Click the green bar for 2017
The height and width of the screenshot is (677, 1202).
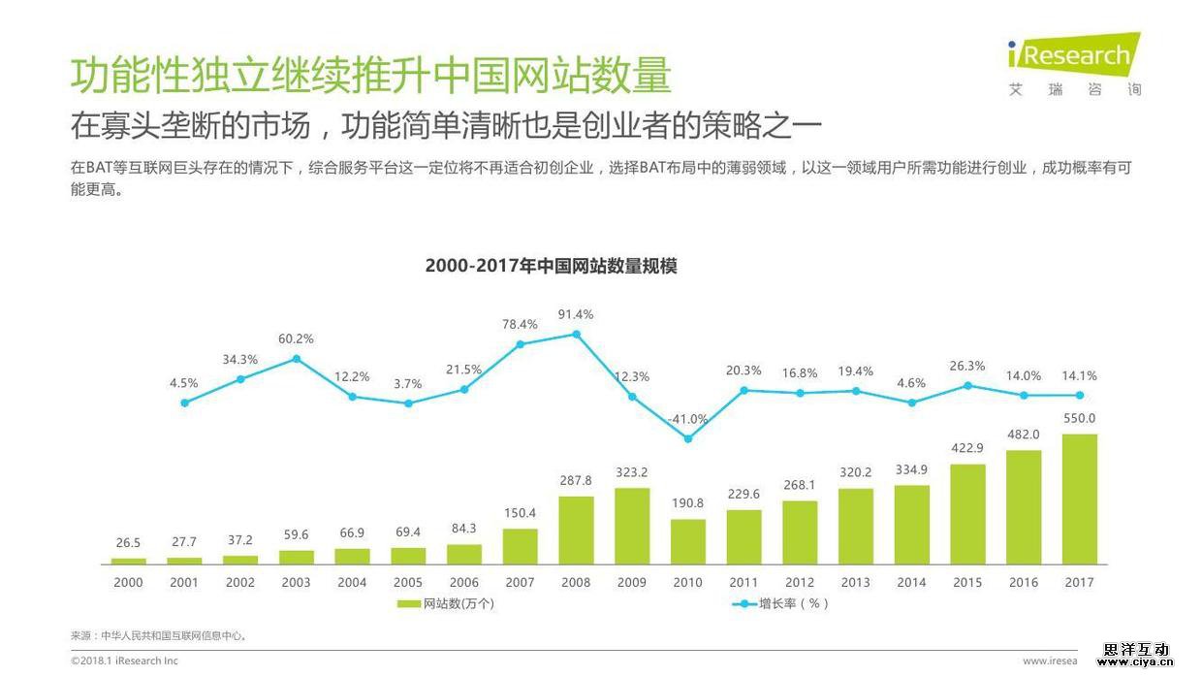[x=1079, y=499]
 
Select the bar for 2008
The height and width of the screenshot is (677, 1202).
[x=576, y=530]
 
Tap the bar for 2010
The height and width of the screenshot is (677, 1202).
[x=688, y=541]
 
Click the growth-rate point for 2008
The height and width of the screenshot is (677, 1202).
[x=576, y=334]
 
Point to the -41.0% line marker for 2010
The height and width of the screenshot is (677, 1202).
[x=688, y=438]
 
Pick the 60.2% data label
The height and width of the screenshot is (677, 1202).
[x=296, y=338]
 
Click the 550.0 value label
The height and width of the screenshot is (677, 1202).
[x=1079, y=418]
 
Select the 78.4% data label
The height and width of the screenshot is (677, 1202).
[x=520, y=324]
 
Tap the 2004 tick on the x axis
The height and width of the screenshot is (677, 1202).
[x=352, y=582]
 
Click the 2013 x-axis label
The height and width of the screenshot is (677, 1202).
[x=856, y=582]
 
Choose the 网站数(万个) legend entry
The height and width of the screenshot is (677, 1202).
[x=447, y=603]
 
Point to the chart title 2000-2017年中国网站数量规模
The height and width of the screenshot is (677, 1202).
[x=551, y=266]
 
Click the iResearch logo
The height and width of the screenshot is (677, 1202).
[x=1074, y=64]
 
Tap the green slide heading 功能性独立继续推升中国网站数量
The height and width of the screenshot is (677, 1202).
[x=370, y=76]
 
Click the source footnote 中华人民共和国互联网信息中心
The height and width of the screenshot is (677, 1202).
[x=160, y=636]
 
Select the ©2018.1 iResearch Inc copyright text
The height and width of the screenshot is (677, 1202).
[x=124, y=661]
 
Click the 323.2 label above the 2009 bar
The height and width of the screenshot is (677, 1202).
[x=632, y=472]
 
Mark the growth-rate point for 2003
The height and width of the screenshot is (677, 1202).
[x=296, y=358]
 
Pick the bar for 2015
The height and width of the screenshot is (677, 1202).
[x=967, y=514]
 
